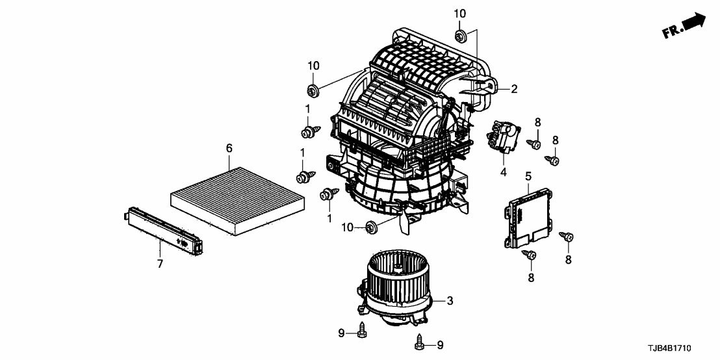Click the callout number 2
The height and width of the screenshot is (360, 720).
pos(514,90)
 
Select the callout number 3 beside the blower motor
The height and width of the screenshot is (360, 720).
pos(450,301)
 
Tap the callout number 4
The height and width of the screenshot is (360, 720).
pos(503,173)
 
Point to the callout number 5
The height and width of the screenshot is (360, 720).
pos(528,175)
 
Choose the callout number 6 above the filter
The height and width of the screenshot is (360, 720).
pos(229,149)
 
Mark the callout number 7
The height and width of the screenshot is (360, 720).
pos(160,263)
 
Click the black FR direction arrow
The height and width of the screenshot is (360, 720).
pos(693,21)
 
